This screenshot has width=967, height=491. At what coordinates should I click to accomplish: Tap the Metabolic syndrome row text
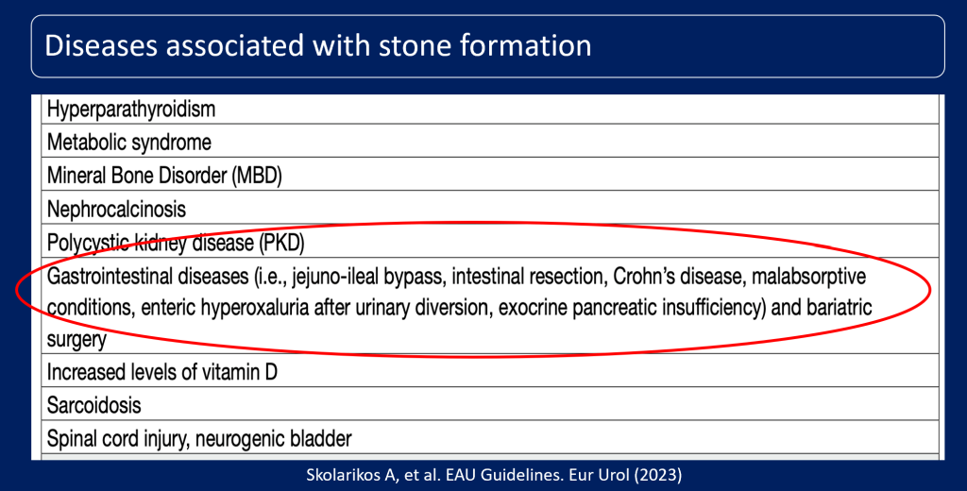point(129,143)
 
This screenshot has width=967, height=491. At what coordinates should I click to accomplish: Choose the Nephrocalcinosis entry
point(117,209)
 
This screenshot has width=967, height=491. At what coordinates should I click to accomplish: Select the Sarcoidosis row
point(94,405)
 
